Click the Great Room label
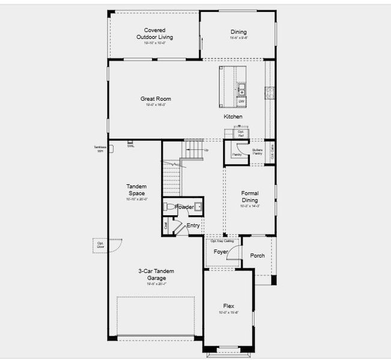[156, 99]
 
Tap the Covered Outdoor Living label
[154, 34]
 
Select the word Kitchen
[233, 116]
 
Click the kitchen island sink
[241, 90]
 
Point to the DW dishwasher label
[241, 101]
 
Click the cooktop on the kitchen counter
[269, 93]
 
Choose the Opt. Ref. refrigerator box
[241, 134]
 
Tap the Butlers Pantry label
[257, 152]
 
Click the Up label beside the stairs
[206, 150]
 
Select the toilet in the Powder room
[169, 207]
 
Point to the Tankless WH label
[100, 149]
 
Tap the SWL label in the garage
[130, 146]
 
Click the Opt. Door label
[100, 244]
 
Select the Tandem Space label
[136, 190]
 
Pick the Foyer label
[221, 252]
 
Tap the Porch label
[257, 256]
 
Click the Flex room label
[228, 306]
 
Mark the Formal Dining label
[250, 197]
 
